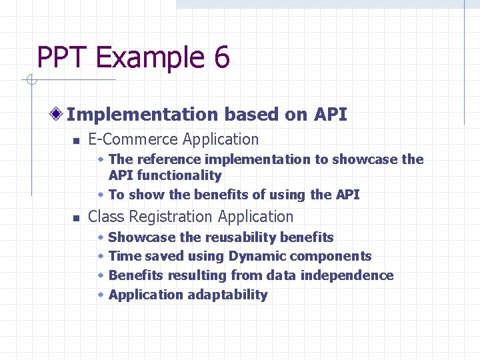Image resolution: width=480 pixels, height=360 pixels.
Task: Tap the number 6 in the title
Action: pos(222,58)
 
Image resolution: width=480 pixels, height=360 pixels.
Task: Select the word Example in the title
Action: pos(151,58)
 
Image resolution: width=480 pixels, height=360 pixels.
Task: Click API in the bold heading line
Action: pos(330,115)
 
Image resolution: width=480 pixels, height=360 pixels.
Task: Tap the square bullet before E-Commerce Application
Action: pos(76,141)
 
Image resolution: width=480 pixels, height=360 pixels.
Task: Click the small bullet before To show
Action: pos(101,195)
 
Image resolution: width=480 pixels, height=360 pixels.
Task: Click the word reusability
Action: pos(241,237)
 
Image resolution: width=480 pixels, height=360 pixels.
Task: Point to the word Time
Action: pos(124,257)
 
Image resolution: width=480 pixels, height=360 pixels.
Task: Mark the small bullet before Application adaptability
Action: pos(101,295)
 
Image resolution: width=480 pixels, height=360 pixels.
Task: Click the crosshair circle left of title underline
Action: pos(31,81)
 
